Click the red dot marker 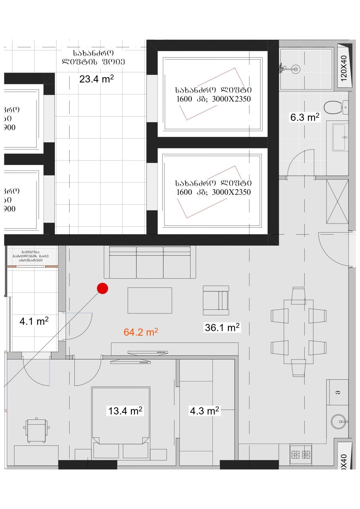pos(103,289)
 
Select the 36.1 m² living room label pos(222,327)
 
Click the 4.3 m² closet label pos(204,411)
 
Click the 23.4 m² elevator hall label pos(97,79)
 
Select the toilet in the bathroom pos(333,107)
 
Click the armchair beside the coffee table pos(216,297)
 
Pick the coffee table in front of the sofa pos(150,300)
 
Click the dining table pos(298,331)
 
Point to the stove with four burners pos(300,454)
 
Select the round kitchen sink pos(339,422)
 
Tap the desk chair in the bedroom pos(37,430)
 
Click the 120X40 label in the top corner pos(344,67)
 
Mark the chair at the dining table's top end pos(298,295)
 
